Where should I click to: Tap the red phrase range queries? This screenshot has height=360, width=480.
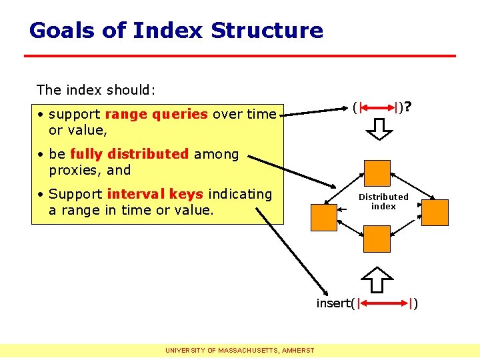pyautogui.click(x=157, y=114)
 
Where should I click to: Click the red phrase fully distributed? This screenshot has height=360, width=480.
pyautogui.click(x=129, y=154)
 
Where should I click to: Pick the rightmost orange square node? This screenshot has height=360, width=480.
pyautogui.click(x=436, y=213)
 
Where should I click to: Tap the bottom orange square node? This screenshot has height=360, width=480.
pyautogui.click(x=377, y=239)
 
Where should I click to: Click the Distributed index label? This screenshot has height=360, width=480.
pyautogui.click(x=383, y=201)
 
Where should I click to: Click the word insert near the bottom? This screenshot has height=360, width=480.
pyautogui.click(x=333, y=304)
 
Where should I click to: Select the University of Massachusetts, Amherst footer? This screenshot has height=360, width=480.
pyautogui.click(x=241, y=350)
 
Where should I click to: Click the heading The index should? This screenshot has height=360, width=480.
pyautogui.click(x=96, y=90)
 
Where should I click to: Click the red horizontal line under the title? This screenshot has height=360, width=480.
pyautogui.click(x=240, y=55)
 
